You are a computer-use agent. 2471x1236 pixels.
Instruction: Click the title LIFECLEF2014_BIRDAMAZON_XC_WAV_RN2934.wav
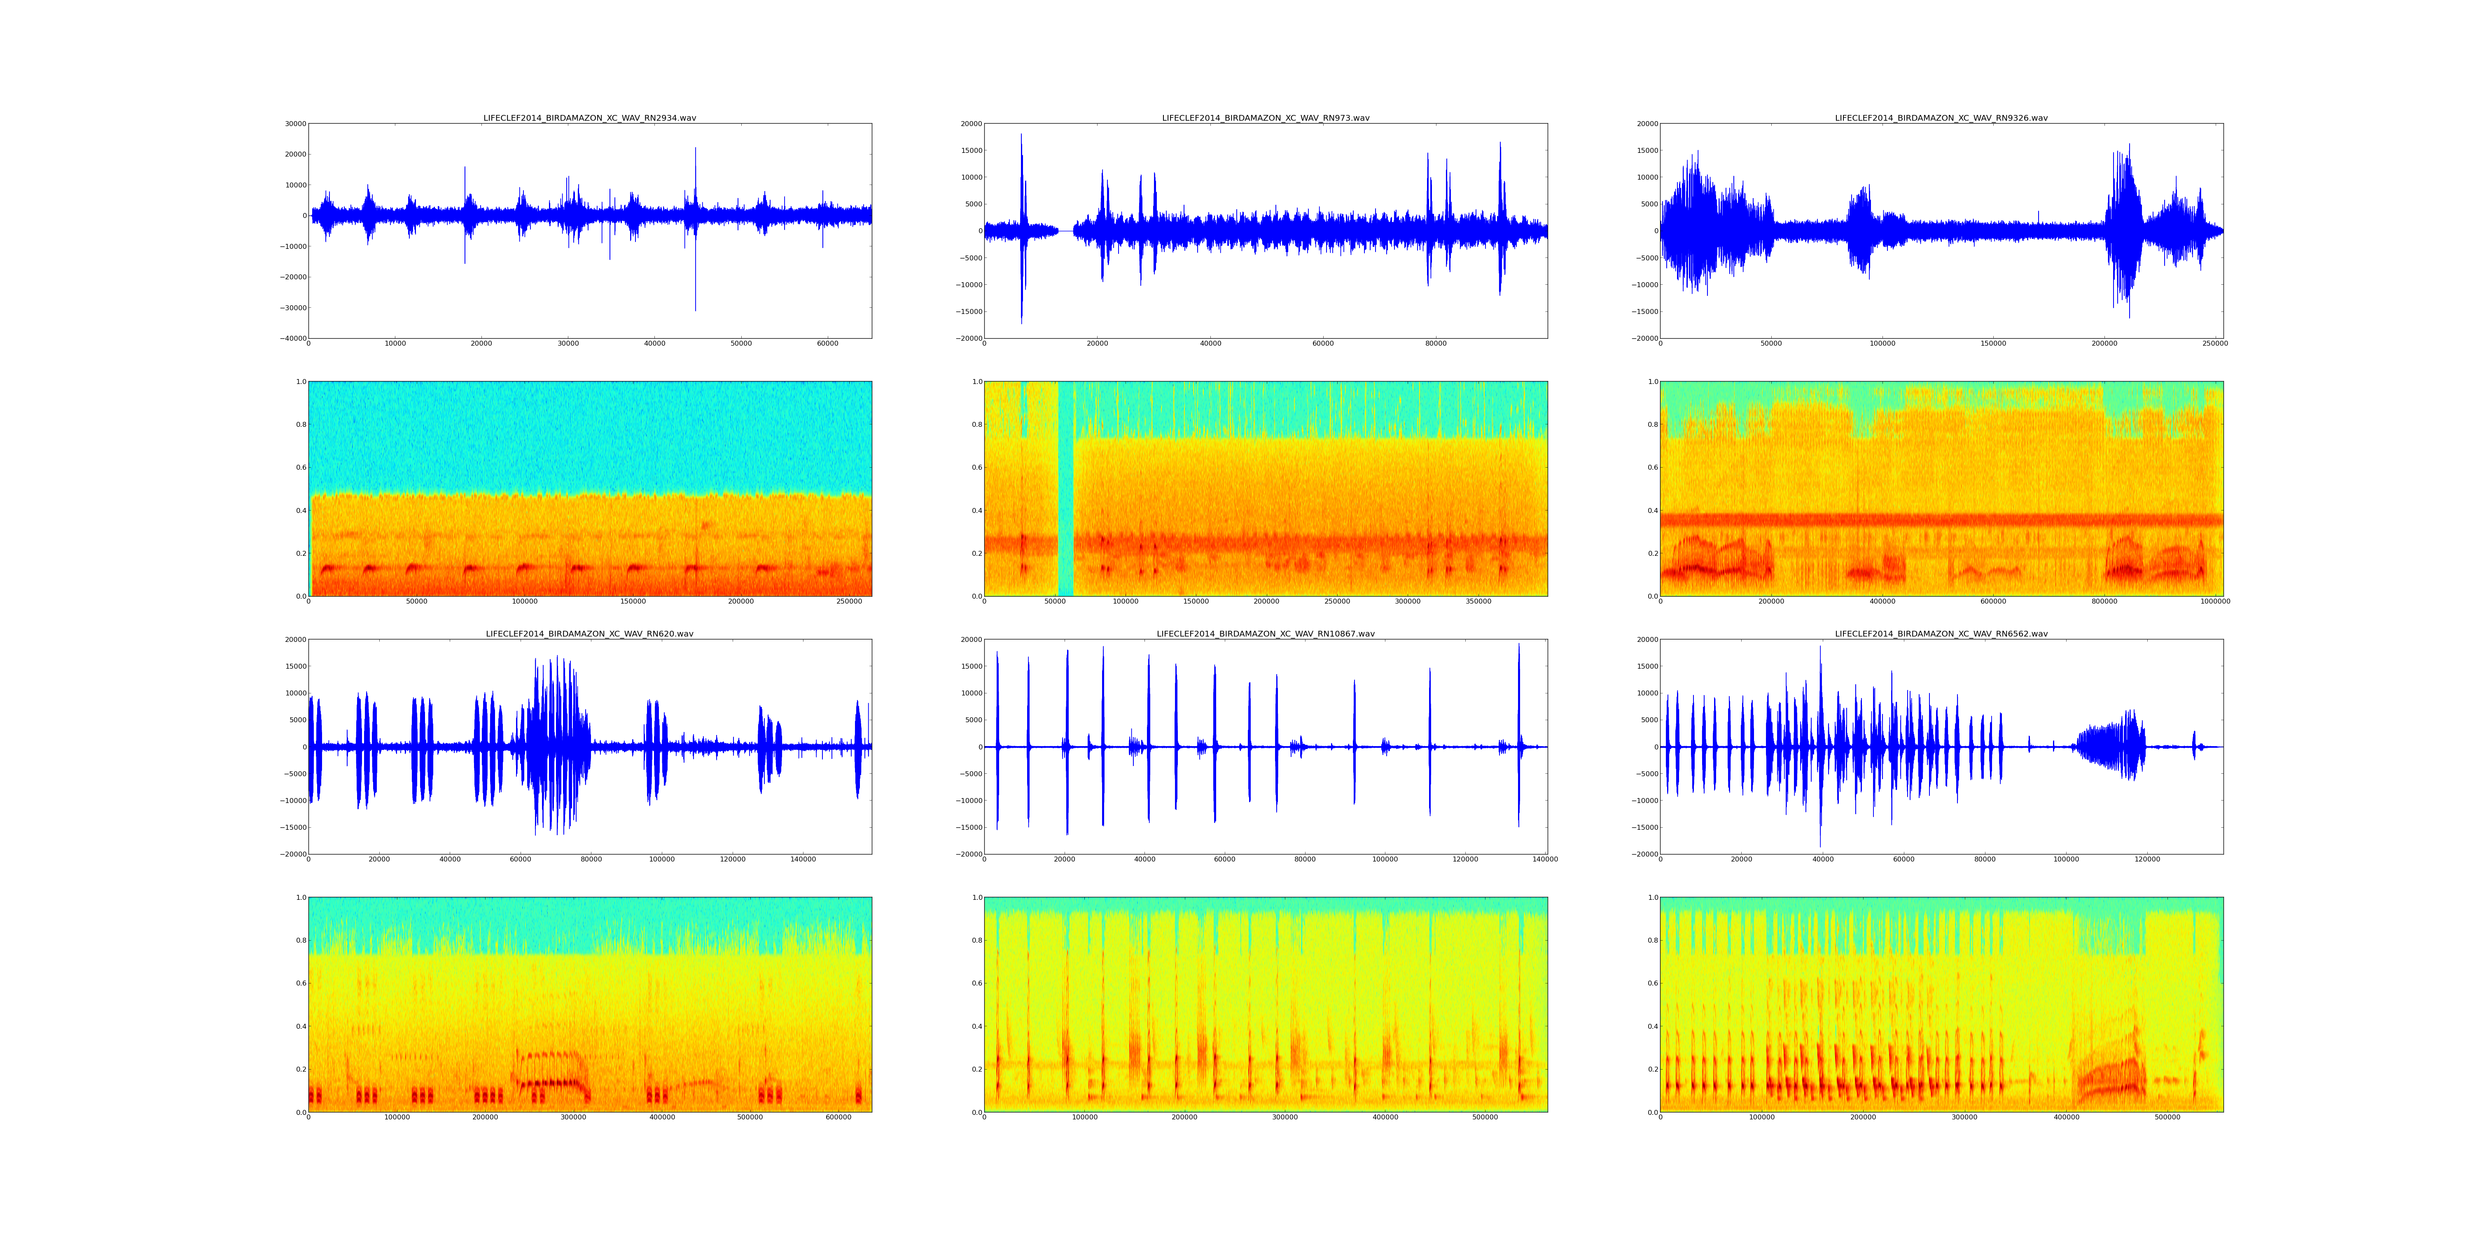pyautogui.click(x=589, y=118)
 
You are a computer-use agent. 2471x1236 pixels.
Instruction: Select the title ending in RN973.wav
pyautogui.click(x=1265, y=118)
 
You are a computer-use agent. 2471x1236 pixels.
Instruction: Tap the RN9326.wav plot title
pyautogui.click(x=1941, y=118)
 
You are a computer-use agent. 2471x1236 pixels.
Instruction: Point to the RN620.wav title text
pyautogui.click(x=589, y=634)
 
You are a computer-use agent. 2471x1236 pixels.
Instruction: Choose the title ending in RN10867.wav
pyautogui.click(x=1265, y=634)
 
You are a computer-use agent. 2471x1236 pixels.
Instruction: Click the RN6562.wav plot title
pyautogui.click(x=1941, y=634)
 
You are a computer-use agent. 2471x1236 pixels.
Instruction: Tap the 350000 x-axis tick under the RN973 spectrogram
pyautogui.click(x=1478, y=602)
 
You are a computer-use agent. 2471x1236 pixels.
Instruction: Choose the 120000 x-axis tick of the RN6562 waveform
pyautogui.click(x=2147, y=860)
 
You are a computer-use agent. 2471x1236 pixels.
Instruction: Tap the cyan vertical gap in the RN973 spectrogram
pyautogui.click(x=1065, y=489)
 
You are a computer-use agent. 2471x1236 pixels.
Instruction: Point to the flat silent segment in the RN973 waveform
pyautogui.click(x=1066, y=231)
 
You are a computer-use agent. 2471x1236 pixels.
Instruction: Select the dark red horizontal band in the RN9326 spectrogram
pyautogui.click(x=1941, y=520)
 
